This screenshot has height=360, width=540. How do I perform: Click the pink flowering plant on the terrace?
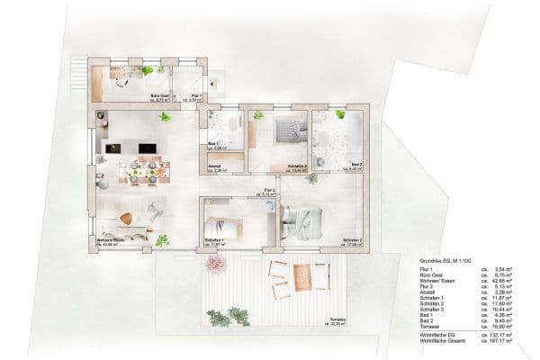coord(216,263)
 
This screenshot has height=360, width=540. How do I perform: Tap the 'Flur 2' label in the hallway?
coord(269,190)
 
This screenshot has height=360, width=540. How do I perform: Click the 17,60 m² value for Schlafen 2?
coord(502,301)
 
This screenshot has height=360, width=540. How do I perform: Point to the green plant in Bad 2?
coord(341,114)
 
